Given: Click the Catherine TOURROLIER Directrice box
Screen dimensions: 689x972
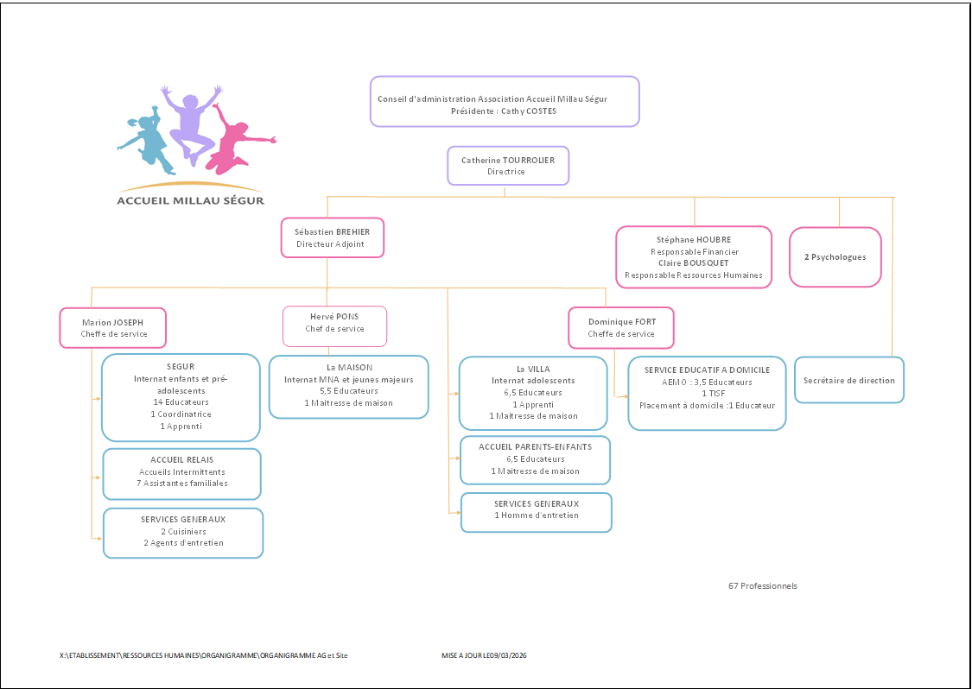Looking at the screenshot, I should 508,166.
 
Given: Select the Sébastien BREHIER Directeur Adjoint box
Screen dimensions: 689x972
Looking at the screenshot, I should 332,237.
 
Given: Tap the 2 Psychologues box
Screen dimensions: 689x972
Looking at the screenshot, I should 835,257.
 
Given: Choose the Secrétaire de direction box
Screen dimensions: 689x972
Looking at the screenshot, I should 848,380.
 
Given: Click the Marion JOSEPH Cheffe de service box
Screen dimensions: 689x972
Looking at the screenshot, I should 113,328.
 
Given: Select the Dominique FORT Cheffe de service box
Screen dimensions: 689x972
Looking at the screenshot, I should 621,328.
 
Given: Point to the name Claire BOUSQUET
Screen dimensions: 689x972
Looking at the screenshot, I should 693,263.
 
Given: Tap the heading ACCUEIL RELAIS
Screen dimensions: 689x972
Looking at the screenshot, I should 181,459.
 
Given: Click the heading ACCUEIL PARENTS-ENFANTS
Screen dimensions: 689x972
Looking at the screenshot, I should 535,447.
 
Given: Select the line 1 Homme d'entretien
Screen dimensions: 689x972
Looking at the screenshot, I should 536,515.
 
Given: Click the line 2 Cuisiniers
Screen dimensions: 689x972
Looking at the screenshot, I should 183,532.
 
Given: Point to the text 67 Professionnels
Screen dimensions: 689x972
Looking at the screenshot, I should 762,586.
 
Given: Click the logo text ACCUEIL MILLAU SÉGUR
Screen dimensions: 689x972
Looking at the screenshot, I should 191,201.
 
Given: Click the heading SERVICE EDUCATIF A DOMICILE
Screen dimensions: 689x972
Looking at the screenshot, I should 707,370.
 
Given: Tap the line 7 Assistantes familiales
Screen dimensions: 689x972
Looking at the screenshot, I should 182,484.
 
